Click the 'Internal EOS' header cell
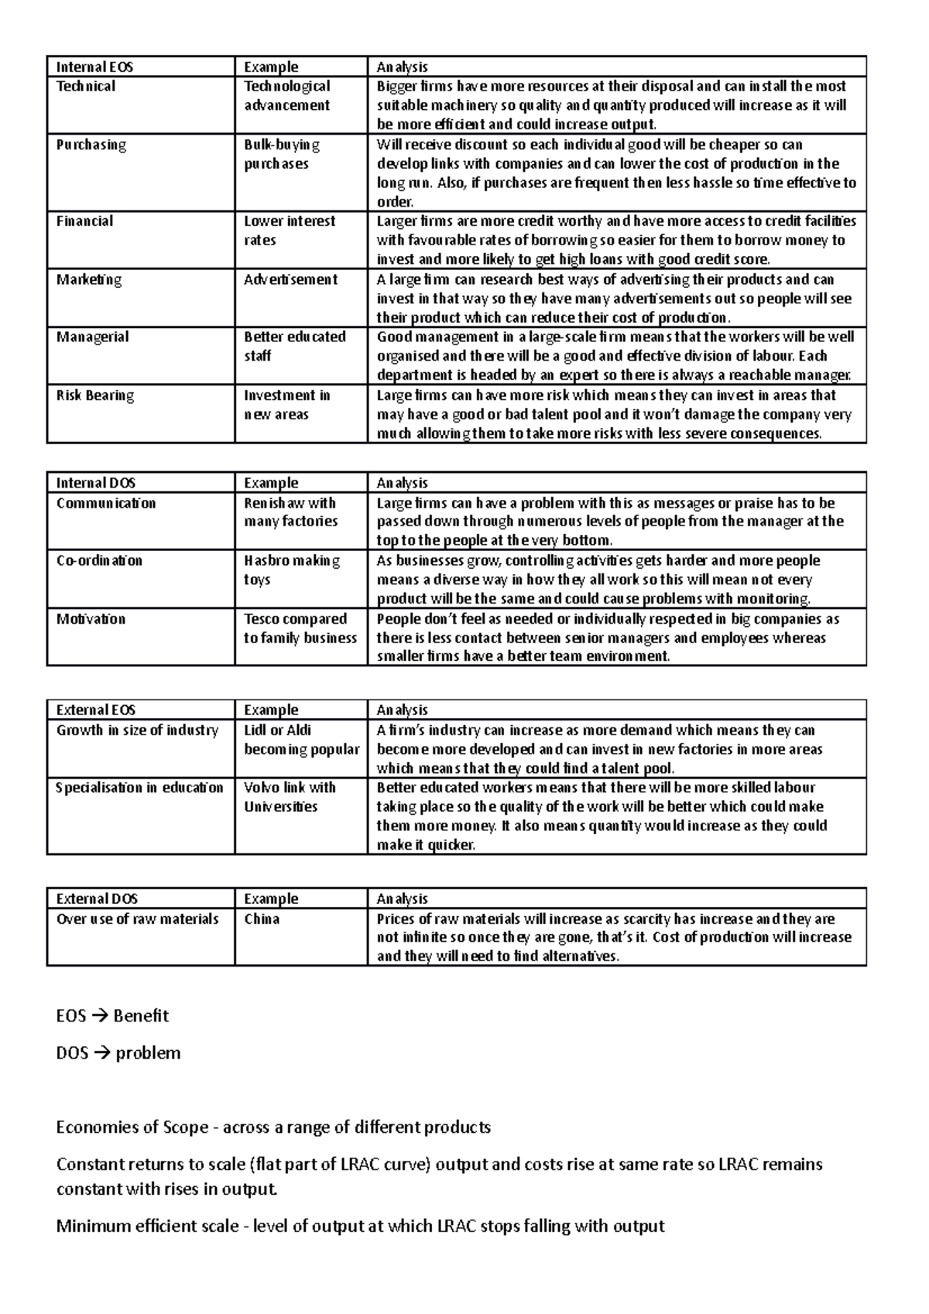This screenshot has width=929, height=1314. (94, 67)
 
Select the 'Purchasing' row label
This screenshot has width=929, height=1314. (91, 145)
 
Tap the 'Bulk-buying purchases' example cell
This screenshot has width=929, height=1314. (282, 154)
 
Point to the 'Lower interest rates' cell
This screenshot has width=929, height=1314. (289, 231)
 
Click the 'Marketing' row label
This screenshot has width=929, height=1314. (88, 279)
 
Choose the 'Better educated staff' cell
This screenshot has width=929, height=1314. (294, 346)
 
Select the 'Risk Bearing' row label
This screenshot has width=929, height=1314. (94, 395)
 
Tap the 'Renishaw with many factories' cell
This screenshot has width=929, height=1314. (290, 512)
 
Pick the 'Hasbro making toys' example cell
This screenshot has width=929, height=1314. (291, 570)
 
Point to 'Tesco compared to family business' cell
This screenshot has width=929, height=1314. (300, 628)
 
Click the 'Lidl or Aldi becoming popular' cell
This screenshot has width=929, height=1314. (301, 740)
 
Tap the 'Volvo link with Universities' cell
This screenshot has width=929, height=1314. (290, 797)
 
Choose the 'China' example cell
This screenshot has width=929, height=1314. (262, 919)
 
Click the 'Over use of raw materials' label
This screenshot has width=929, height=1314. (137, 919)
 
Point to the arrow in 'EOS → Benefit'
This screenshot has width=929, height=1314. (101, 1016)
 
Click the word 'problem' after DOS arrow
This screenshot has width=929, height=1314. (148, 1053)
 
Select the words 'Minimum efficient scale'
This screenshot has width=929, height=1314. (147, 1227)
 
